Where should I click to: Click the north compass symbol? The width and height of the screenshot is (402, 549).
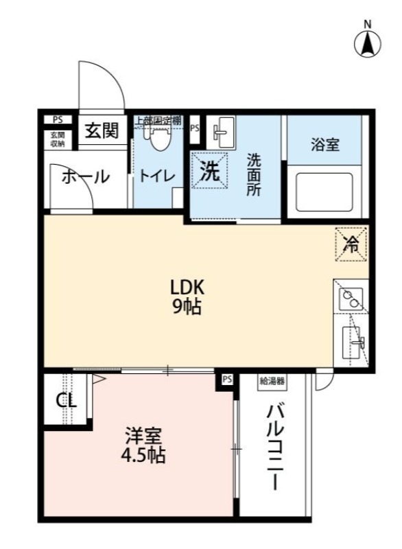click(x=367, y=43)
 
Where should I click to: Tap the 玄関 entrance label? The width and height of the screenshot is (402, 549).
click(x=102, y=130)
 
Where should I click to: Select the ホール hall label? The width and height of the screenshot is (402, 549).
click(x=86, y=177)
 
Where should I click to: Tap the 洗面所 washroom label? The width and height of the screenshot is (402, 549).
click(x=254, y=176)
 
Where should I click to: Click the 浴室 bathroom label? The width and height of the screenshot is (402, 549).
click(x=325, y=145)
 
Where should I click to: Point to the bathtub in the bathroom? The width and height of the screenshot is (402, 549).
click(x=324, y=192)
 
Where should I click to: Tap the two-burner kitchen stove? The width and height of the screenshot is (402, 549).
click(x=351, y=298)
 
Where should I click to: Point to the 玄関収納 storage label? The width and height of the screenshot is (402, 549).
click(x=57, y=139)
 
